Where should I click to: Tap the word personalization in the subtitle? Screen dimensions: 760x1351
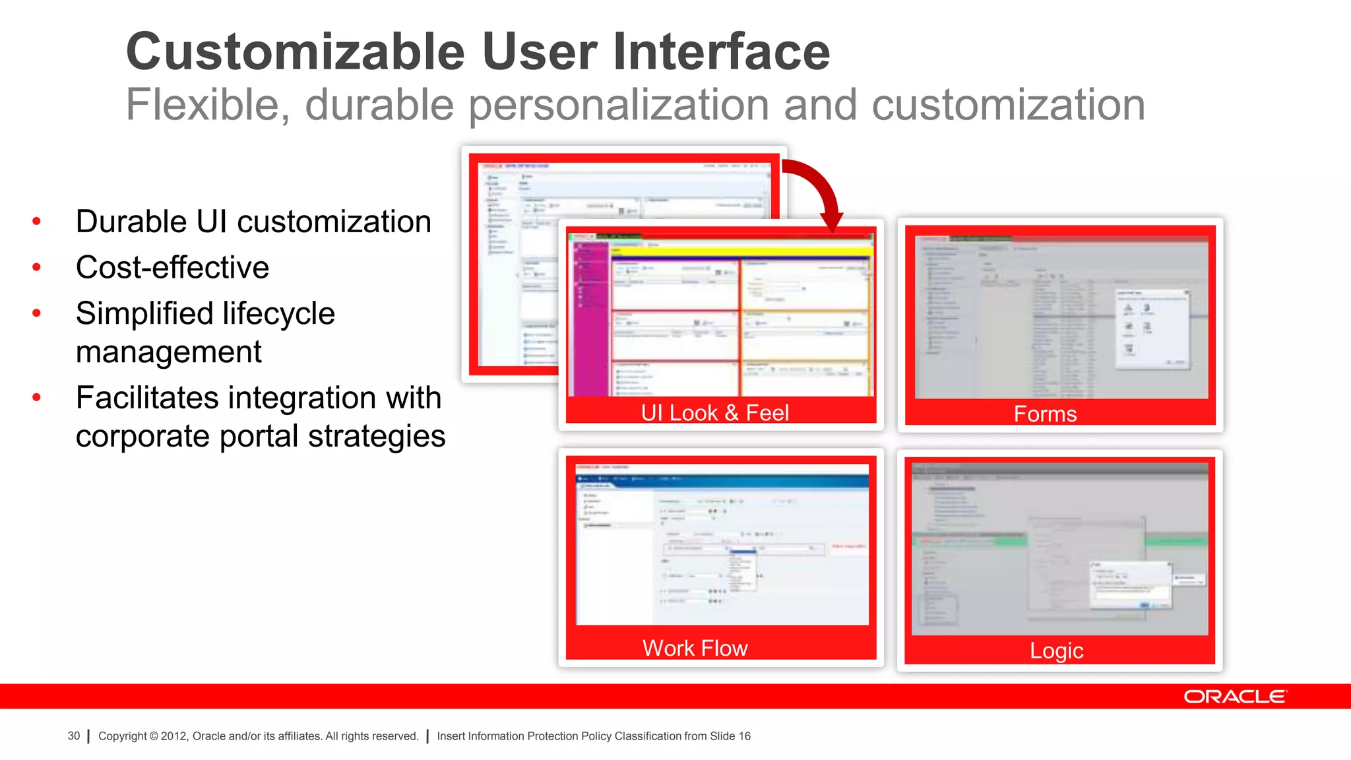click(619, 106)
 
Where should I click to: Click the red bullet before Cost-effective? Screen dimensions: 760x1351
click(37, 267)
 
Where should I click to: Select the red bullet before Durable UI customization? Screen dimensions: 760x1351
click(37, 221)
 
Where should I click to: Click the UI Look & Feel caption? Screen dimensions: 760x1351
click(714, 413)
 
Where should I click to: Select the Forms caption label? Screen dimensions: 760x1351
click(1045, 414)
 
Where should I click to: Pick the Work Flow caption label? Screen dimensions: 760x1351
click(695, 649)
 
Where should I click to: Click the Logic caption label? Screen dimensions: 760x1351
click(1056, 651)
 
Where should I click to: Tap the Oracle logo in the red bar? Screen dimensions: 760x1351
click(1235, 697)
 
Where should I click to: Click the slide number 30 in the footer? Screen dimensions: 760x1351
click(73, 736)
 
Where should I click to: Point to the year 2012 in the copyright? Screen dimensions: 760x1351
click(174, 736)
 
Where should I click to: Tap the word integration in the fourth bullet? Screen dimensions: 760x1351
click(302, 398)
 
